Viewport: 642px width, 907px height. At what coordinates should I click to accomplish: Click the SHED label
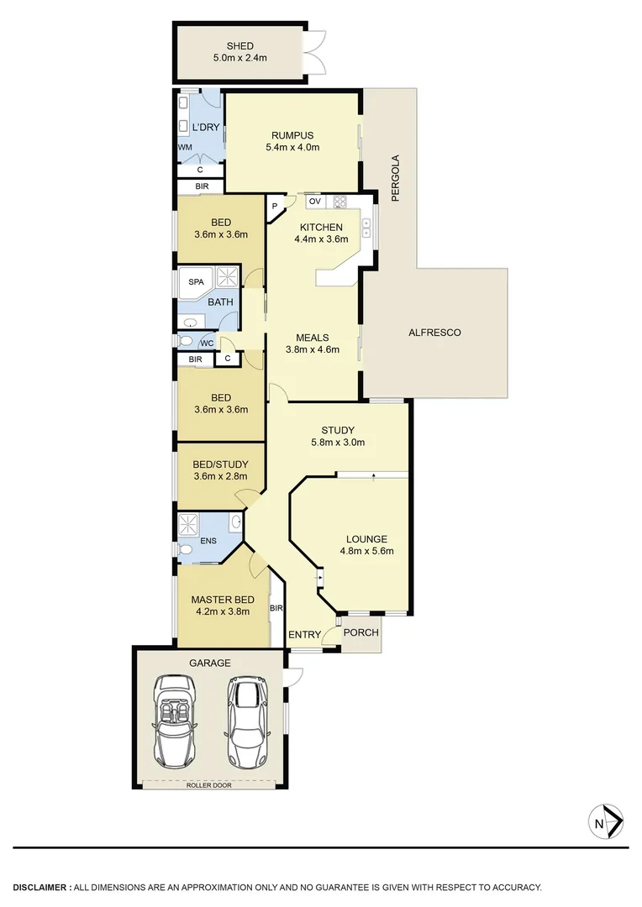239,46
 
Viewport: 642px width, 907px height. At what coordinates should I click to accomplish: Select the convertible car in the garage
177,722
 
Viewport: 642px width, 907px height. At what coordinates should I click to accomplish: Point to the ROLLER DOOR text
209,785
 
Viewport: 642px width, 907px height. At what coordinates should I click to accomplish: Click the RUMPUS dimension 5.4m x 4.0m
292,147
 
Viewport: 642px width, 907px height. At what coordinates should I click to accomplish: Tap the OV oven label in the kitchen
314,202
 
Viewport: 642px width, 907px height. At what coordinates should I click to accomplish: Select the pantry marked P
274,206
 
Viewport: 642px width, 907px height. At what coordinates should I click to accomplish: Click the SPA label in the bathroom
196,282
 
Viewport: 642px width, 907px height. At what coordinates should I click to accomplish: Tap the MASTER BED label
222,600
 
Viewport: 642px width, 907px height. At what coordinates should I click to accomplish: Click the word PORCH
361,632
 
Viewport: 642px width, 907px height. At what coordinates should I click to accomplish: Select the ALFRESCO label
434,333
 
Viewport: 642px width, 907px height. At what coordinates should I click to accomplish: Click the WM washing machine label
185,147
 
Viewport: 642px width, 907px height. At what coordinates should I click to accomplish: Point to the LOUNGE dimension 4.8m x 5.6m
366,552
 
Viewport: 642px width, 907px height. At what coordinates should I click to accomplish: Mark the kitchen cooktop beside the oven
339,202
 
